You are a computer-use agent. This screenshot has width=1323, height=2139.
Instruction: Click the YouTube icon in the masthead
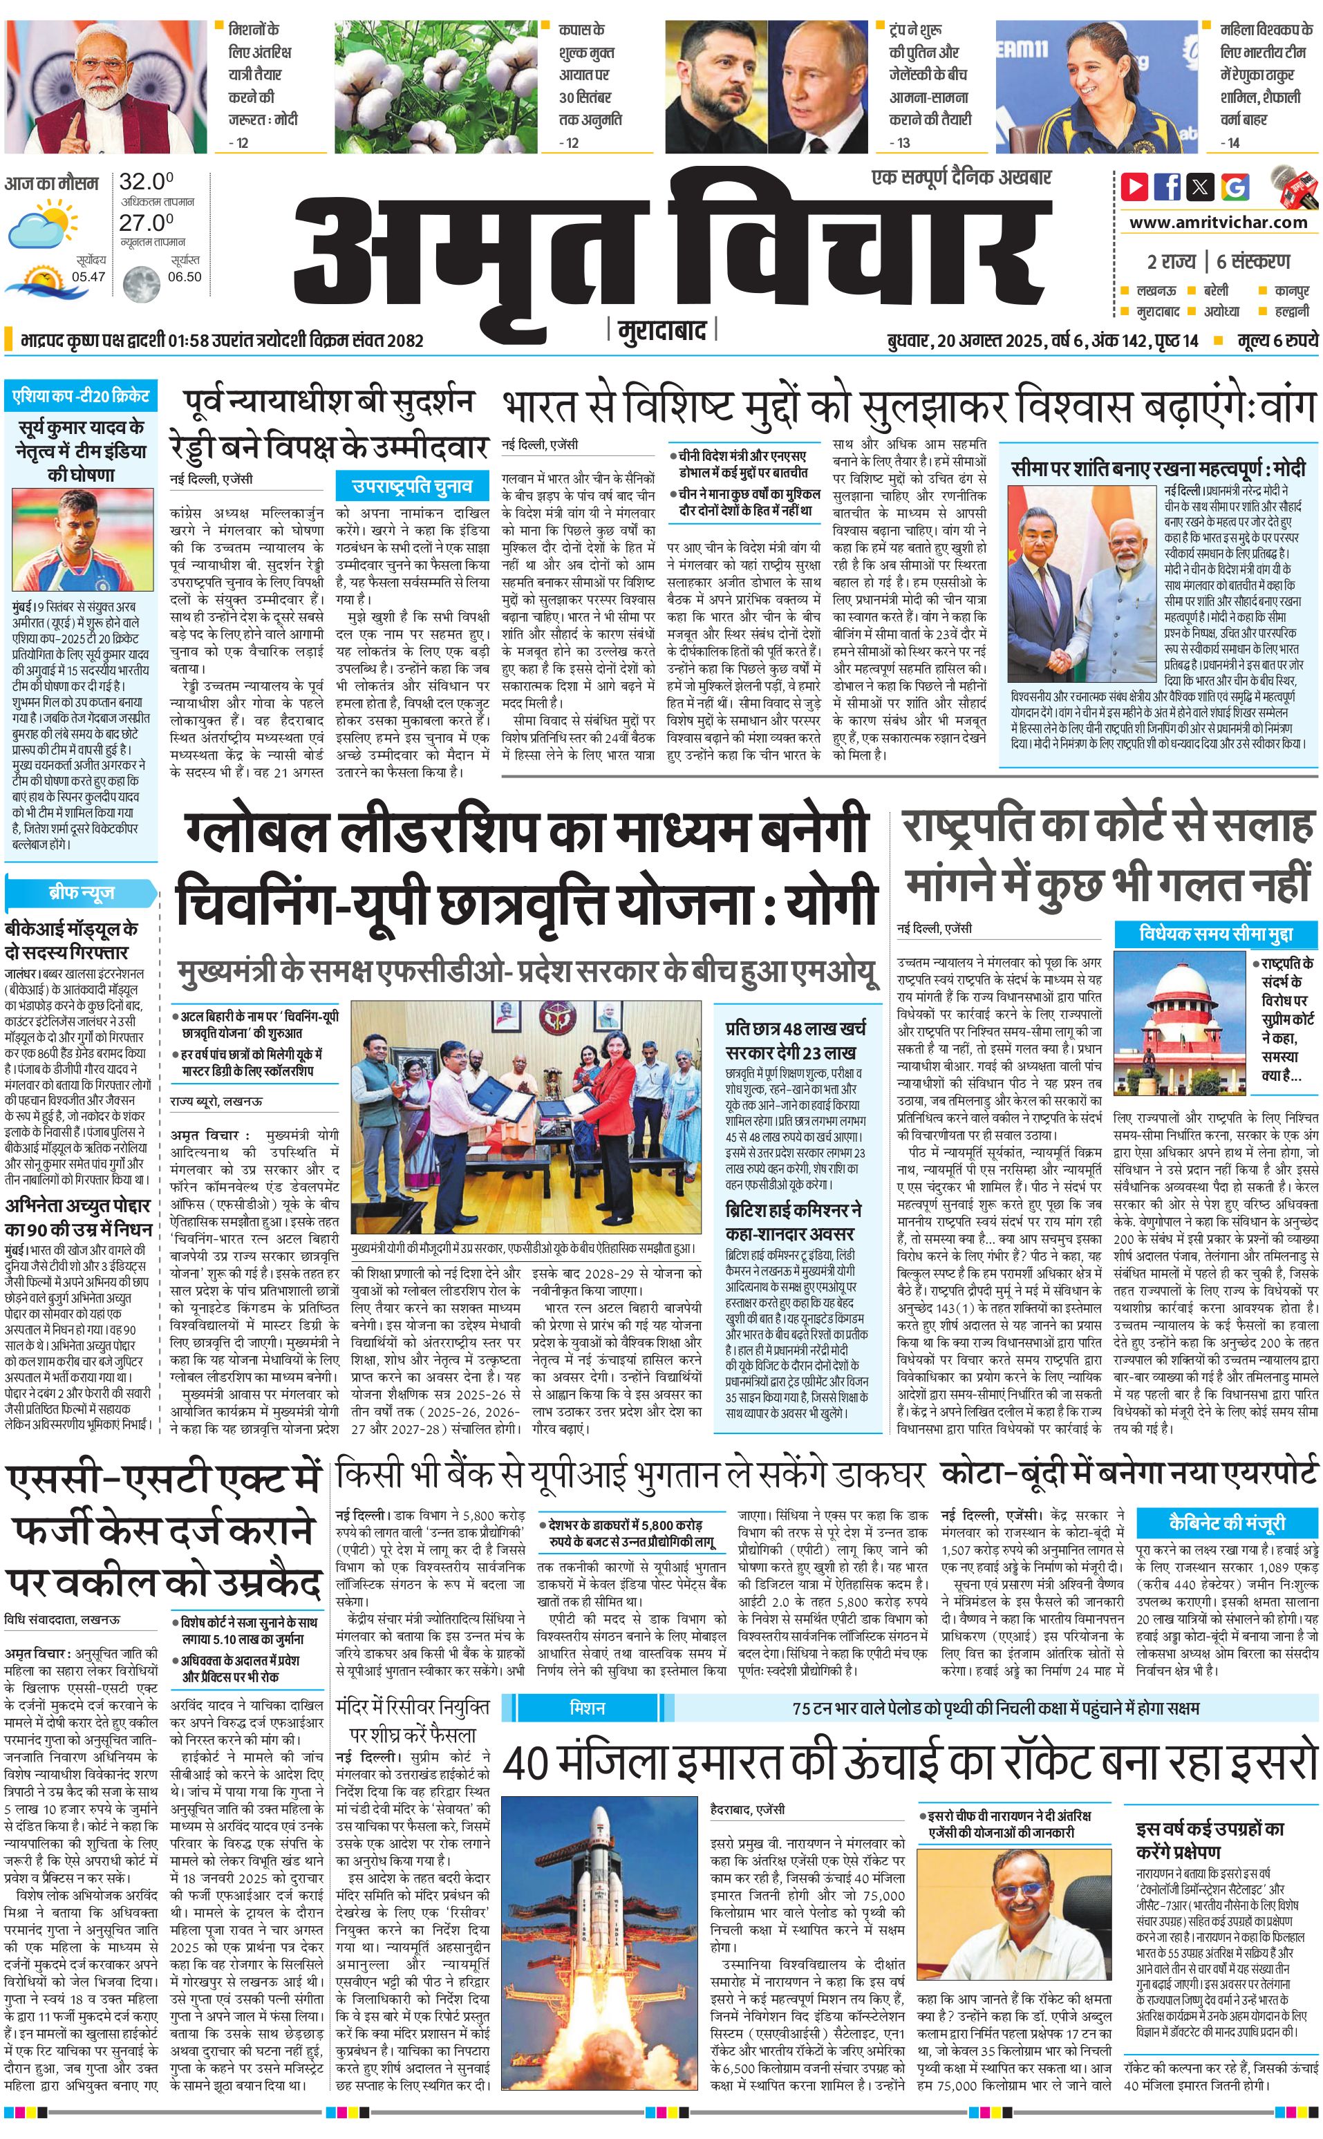click(x=1135, y=185)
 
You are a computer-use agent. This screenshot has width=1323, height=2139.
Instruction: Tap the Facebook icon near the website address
click(x=1167, y=185)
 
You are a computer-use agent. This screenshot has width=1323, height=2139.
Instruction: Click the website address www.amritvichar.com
click(x=1218, y=223)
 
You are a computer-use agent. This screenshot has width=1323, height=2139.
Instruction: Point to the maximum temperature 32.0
click(x=146, y=182)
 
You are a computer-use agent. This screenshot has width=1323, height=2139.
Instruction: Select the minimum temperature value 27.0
click(x=146, y=223)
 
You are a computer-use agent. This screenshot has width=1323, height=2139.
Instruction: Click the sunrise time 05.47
click(x=88, y=276)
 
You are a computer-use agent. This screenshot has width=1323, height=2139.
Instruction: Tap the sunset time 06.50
click(x=184, y=276)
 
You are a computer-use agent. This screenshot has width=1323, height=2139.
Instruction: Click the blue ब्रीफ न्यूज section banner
click(x=80, y=893)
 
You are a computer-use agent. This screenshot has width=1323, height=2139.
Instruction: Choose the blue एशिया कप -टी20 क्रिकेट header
click(x=80, y=396)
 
